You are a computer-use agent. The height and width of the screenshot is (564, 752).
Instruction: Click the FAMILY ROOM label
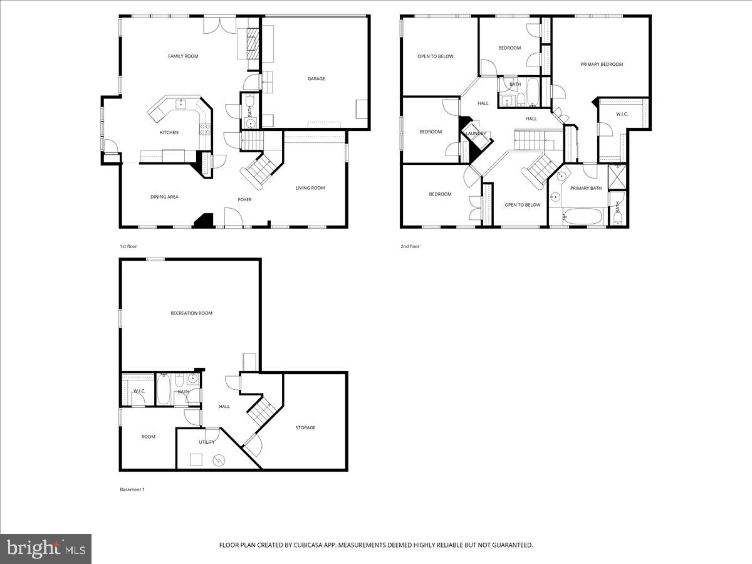[183, 56]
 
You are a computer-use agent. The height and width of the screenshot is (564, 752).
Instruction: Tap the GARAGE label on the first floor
[316, 79]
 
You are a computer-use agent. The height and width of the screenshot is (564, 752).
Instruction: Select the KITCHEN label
[169, 133]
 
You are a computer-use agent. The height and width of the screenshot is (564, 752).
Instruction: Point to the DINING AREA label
[164, 197]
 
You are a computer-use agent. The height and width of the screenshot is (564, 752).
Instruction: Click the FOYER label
[244, 200]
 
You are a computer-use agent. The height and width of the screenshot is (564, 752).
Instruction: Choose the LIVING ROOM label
[310, 188]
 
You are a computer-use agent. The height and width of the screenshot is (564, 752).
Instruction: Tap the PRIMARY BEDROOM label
[602, 64]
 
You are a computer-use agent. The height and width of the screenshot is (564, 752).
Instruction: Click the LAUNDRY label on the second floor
[476, 133]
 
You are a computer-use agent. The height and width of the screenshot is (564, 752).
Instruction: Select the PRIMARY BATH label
[586, 188]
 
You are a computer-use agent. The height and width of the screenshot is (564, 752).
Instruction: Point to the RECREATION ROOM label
[191, 313]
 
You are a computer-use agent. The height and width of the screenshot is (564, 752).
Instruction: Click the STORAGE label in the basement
[305, 428]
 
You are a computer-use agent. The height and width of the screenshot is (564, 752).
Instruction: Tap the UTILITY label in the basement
[207, 442]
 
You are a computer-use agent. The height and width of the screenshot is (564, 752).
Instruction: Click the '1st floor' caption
[128, 246]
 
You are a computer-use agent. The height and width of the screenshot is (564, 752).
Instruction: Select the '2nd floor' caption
[410, 246]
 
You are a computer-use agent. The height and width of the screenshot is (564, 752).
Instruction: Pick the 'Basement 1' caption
[132, 489]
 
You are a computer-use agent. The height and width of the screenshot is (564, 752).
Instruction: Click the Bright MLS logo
[46, 549]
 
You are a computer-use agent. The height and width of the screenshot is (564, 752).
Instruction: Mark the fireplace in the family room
[252, 43]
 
